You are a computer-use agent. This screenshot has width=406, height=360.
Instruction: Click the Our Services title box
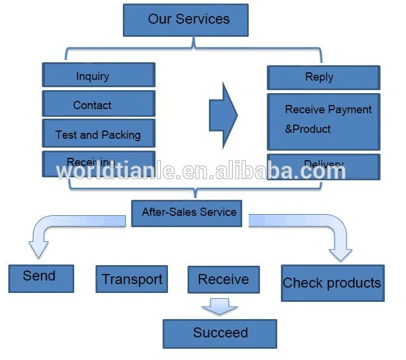[185, 20]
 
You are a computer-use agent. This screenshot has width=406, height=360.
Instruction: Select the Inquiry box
[99, 76]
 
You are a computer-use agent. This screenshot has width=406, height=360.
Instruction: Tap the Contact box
[99, 104]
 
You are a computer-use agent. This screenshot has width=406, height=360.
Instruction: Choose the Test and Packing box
[99, 134]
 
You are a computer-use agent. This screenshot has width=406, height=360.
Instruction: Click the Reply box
[323, 78]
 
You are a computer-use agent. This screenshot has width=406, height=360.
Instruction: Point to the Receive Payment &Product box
[323, 121]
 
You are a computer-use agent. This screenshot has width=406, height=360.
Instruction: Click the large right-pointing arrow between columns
[223, 116]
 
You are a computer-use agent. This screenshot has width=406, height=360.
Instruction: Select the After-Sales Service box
[186, 212]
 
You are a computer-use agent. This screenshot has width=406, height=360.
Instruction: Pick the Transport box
[132, 279]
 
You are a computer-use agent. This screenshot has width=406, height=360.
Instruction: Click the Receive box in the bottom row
[223, 279]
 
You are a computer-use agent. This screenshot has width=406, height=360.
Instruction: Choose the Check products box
[332, 283]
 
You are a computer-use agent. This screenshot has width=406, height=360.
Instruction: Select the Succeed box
[220, 333]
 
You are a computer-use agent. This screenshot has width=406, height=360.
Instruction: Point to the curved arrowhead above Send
[38, 249]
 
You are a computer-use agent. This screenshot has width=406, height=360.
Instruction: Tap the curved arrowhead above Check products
[340, 252]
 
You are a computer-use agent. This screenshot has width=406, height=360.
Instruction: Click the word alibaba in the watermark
[261, 171]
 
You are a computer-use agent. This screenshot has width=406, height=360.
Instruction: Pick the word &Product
[307, 129]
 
